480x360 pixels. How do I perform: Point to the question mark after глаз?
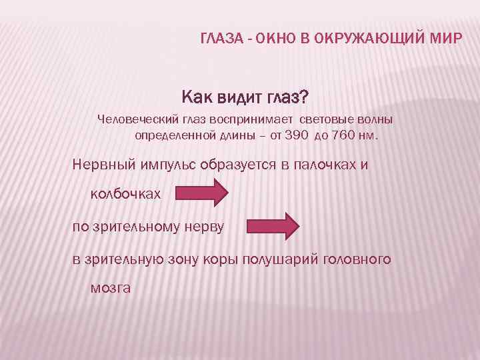304,99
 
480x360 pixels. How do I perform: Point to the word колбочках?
125,194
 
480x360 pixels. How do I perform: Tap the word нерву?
204,227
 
